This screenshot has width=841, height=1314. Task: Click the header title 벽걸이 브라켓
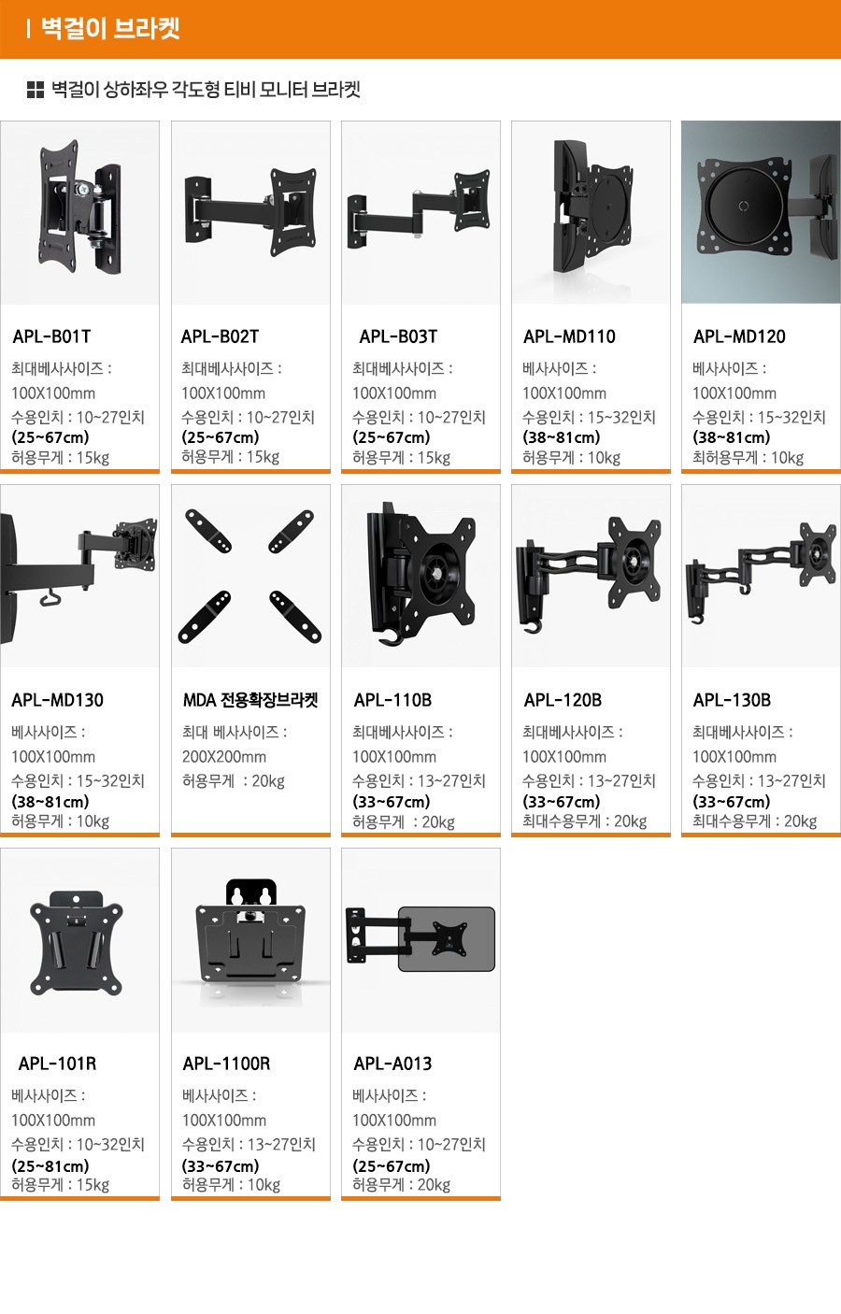tap(110, 29)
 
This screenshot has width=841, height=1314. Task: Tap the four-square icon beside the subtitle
tap(36, 90)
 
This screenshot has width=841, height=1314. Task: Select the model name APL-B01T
tap(51, 336)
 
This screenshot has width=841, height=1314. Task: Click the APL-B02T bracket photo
tap(251, 212)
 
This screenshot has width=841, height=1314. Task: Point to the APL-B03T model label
tap(398, 336)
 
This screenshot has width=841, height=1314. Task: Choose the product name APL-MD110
tap(569, 336)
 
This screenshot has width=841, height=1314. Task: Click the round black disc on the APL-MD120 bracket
tap(744, 206)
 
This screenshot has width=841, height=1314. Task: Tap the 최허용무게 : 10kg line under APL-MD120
tap(748, 458)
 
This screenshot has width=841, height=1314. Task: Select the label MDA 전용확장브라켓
tap(250, 700)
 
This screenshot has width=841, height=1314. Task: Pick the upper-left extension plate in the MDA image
tap(208, 531)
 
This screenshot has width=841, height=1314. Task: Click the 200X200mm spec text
tap(224, 757)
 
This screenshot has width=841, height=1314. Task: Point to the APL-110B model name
tap(392, 700)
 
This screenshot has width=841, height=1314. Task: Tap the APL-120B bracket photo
tap(589, 574)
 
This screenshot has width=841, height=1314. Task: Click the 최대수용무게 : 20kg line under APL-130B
tap(754, 821)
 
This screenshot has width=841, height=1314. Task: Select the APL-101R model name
tap(57, 1064)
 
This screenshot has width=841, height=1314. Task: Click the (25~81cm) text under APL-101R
tap(50, 1165)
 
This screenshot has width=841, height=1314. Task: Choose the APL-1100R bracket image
tap(250, 932)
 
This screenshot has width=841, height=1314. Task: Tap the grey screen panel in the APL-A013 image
tap(447, 938)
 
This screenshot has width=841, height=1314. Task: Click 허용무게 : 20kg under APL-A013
tap(401, 1185)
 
